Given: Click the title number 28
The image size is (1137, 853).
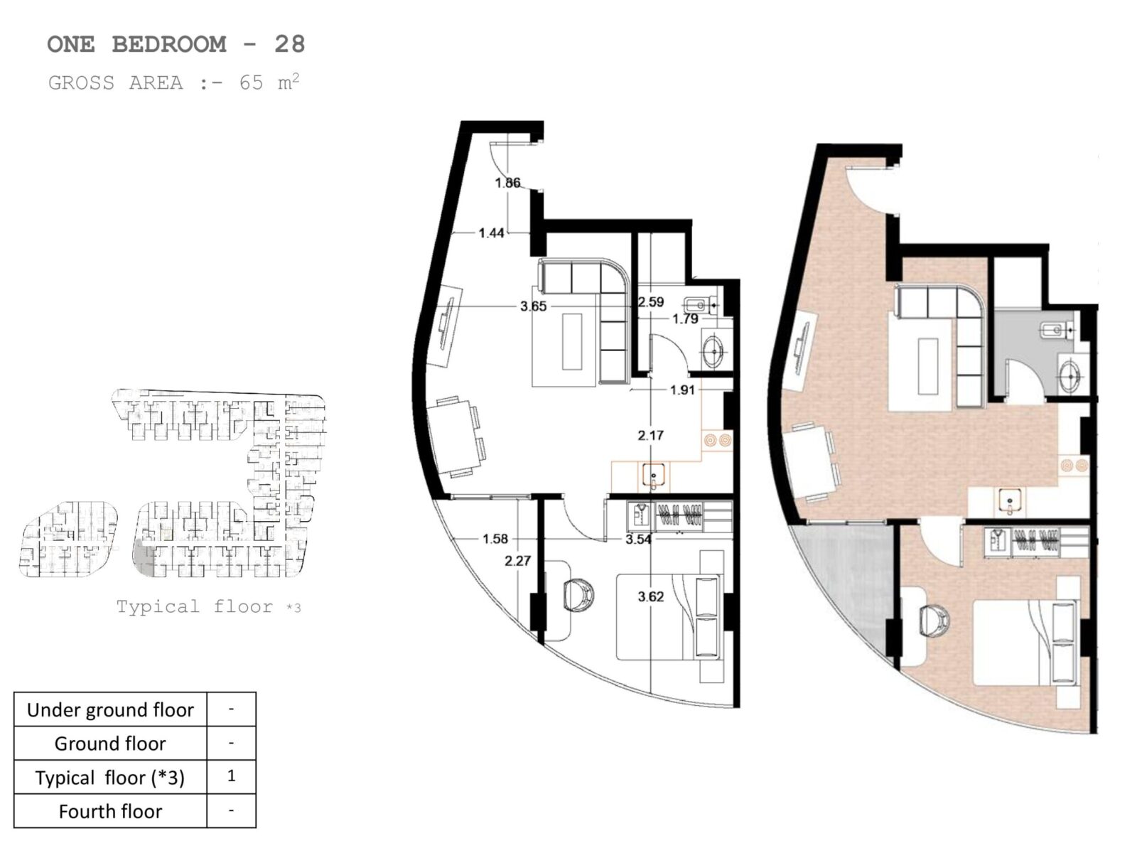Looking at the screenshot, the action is point(289,44).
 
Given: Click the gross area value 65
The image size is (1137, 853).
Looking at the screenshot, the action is point(251,83).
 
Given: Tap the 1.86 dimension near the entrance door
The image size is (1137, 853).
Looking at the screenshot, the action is point(507,182).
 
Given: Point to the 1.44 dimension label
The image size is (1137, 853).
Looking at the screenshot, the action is point(491,233).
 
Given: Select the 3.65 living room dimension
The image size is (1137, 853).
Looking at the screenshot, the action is point(533,306).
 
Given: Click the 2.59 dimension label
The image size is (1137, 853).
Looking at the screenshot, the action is point(651,302).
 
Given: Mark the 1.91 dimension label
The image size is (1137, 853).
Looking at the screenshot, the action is point(681,390).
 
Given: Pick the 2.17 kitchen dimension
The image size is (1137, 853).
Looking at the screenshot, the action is point(651,436).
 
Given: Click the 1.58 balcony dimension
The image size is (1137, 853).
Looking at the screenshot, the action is point(495,539).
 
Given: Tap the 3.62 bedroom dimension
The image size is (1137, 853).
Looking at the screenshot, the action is point(651,596).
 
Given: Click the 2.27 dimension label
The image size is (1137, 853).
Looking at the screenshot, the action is point(517,561).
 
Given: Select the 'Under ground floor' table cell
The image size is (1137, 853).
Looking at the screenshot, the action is point(110,709).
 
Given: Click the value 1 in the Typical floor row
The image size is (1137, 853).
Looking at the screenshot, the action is point(231,776).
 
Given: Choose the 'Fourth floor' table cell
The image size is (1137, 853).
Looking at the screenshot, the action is point(110,811).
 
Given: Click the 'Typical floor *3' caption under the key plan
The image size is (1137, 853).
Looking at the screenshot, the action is point(208,606).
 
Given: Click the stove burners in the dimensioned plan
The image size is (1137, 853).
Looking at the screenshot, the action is point(718,441).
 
